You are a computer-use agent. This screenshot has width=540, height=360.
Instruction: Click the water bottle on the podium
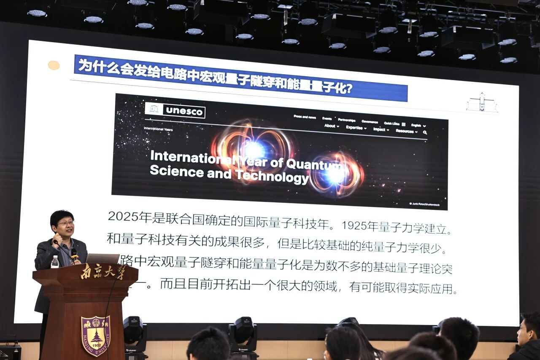point(55,262)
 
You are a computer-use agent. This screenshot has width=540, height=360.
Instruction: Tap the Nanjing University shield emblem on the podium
point(96,336)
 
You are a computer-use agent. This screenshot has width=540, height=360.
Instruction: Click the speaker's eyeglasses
point(65,223)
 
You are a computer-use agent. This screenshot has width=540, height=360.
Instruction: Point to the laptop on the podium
point(103,258)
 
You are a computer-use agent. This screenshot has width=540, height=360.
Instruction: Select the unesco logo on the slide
point(175,110)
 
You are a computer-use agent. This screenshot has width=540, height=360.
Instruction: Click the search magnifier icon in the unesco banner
point(425,132)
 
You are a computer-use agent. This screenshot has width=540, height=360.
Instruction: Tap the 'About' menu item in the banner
point(331,126)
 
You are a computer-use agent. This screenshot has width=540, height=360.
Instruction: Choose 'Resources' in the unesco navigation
point(406,131)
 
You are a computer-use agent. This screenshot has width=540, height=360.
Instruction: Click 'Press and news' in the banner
point(305,117)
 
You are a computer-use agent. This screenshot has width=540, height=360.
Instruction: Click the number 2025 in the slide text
point(123,217)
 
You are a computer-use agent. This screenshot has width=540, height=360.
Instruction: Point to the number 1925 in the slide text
point(354,226)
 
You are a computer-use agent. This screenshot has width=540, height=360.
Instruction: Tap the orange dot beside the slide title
point(54,65)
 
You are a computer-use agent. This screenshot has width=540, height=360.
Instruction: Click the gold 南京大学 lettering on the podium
point(103,272)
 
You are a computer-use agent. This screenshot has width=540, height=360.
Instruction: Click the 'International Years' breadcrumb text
point(158,129)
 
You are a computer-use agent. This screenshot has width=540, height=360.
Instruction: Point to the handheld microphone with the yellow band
point(74,253)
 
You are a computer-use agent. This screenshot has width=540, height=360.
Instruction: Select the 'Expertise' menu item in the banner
point(356,128)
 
